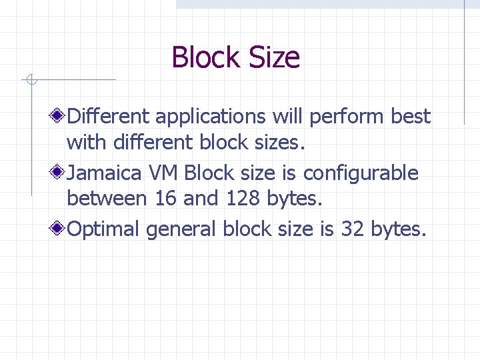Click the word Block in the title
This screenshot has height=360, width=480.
200,57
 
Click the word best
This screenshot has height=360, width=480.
411,117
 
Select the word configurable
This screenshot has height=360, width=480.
361,173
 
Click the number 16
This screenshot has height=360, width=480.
166,198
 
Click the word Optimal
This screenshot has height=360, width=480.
104,229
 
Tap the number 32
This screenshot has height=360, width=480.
352,229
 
